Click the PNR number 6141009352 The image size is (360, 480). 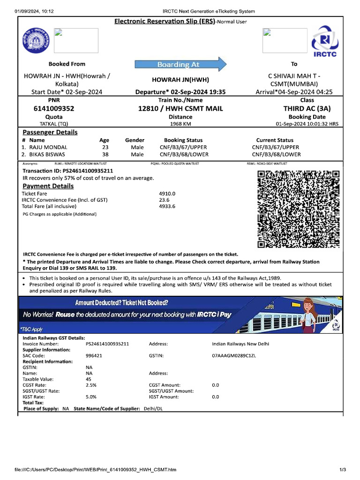tap(54, 109)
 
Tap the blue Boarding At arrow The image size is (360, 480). tap(180, 64)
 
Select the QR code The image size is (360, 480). tap(298, 209)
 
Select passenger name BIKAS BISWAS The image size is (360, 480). tap(47, 154)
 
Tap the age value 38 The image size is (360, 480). tap(105, 154)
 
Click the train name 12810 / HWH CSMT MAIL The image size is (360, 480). tap(180, 109)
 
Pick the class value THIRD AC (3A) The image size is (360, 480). tap(307, 109)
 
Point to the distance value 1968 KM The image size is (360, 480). tap(180, 124)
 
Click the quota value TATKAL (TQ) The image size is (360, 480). tap(54, 124)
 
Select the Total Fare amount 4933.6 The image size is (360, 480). tap(167, 206)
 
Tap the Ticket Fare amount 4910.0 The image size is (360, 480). tap(167, 193)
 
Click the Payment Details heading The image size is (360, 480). tap(48, 186)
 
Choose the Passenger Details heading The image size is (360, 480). tap(50, 132)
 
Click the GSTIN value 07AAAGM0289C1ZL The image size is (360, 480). tap(234, 356)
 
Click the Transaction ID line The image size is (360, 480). tap(68, 171)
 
